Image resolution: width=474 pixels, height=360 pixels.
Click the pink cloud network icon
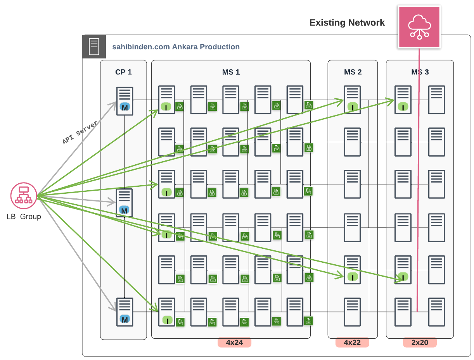(419, 27)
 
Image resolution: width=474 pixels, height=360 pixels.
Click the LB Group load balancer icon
(24, 196)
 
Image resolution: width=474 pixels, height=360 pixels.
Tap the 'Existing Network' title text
(347, 23)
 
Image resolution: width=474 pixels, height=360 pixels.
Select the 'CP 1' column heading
(123, 72)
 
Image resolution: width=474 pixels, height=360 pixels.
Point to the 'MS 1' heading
(231, 72)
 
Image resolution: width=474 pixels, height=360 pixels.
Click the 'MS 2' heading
(353, 72)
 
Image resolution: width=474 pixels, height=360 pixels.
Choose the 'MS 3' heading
(420, 72)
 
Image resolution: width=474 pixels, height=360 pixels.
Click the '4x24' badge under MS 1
(234, 343)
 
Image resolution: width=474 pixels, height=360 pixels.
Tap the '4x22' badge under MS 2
(352, 343)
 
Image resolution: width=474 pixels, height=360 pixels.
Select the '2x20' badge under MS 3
(420, 343)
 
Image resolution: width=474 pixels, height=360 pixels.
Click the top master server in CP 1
(125, 101)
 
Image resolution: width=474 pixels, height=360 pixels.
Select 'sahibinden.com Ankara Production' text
(176, 47)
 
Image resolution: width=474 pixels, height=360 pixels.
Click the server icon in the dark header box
(94, 47)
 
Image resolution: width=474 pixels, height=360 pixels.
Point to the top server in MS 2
(352, 100)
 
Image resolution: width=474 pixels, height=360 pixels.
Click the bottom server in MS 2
(352, 312)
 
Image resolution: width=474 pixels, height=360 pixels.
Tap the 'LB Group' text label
(24, 217)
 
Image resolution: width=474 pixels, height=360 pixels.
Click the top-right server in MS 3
(436, 100)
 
